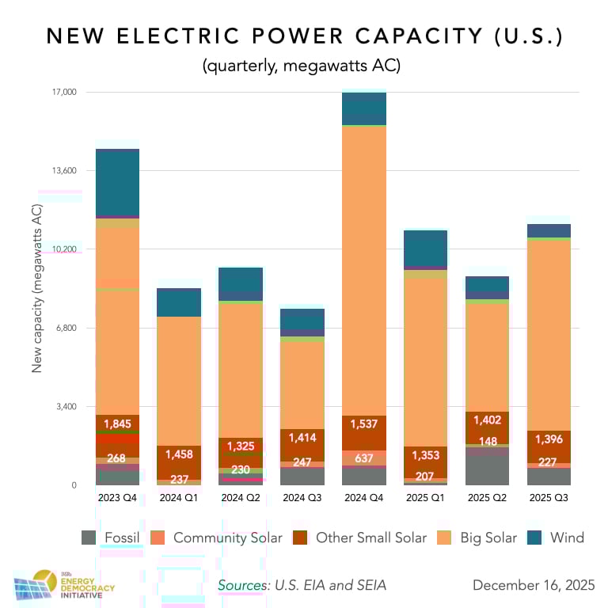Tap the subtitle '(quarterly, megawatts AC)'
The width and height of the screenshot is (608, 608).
(x=303, y=66)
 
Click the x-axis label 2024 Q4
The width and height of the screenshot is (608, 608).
(x=364, y=497)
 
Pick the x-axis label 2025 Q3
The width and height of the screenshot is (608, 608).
(x=549, y=497)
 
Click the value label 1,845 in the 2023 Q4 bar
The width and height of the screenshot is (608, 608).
(x=117, y=424)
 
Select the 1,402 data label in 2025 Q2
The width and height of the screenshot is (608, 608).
(x=488, y=420)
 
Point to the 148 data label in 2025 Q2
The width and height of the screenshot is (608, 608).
(x=488, y=442)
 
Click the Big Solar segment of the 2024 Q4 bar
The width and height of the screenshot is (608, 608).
(x=364, y=269)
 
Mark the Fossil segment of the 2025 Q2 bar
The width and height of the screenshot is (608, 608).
(x=488, y=469)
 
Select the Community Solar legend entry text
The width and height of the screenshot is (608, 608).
(x=227, y=538)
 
